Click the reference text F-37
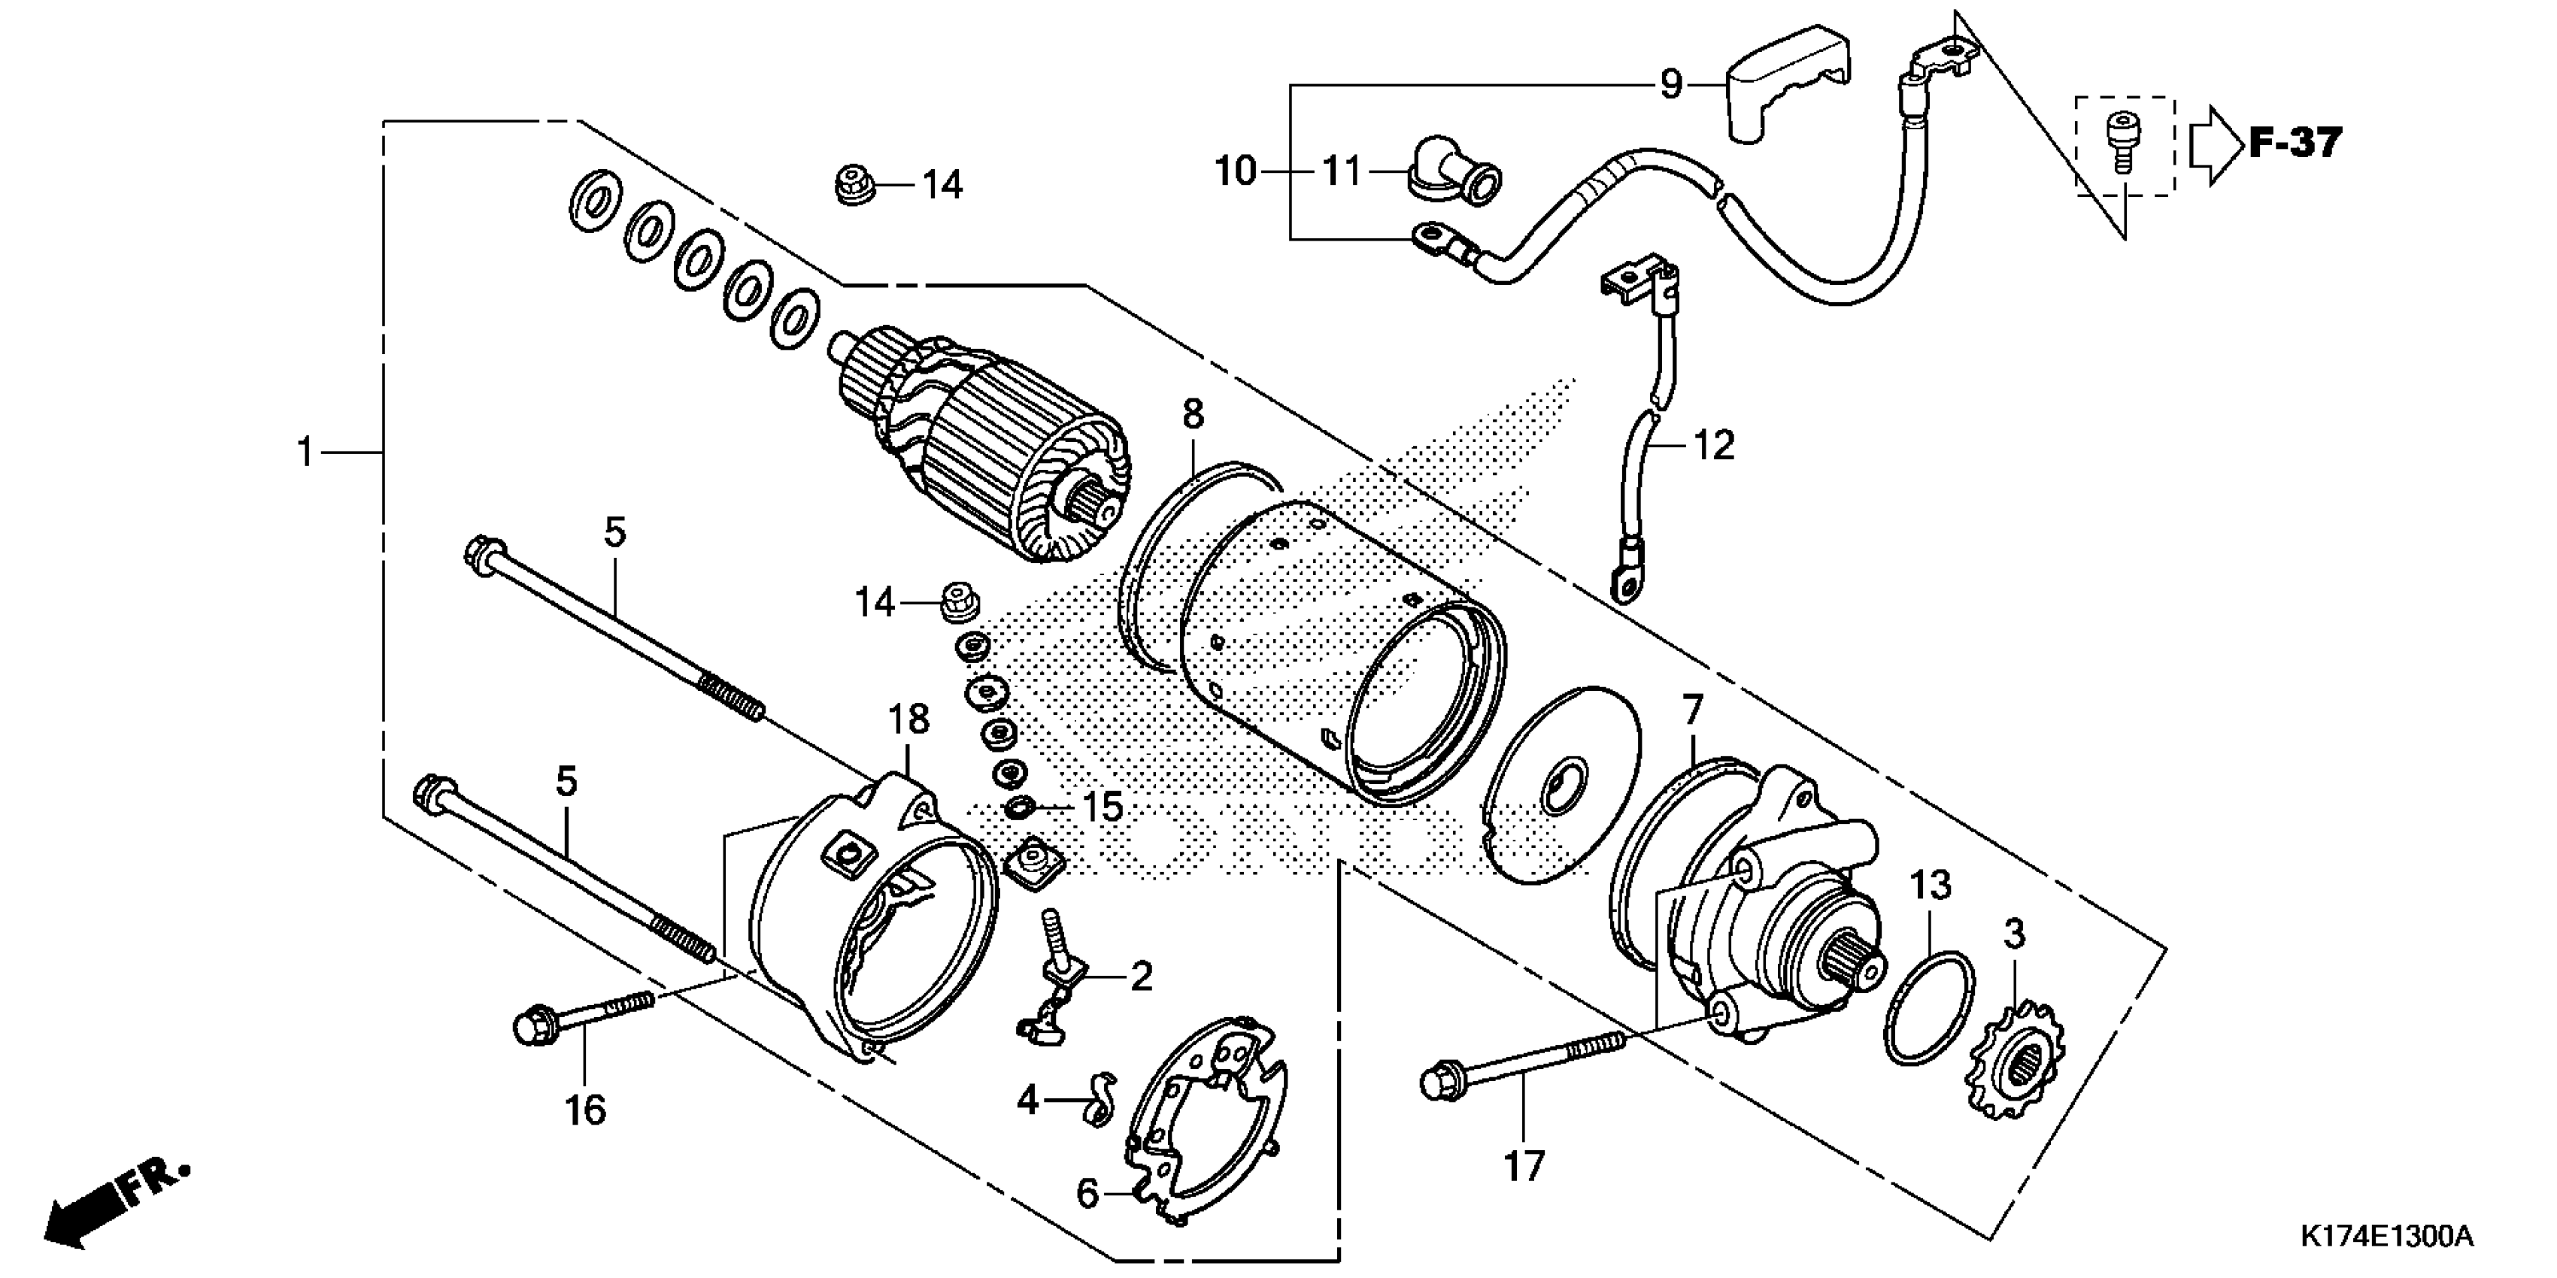2294,144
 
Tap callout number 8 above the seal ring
1192,415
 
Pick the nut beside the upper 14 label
851,184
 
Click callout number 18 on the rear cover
907,719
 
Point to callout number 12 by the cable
1713,446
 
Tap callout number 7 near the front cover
1691,710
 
